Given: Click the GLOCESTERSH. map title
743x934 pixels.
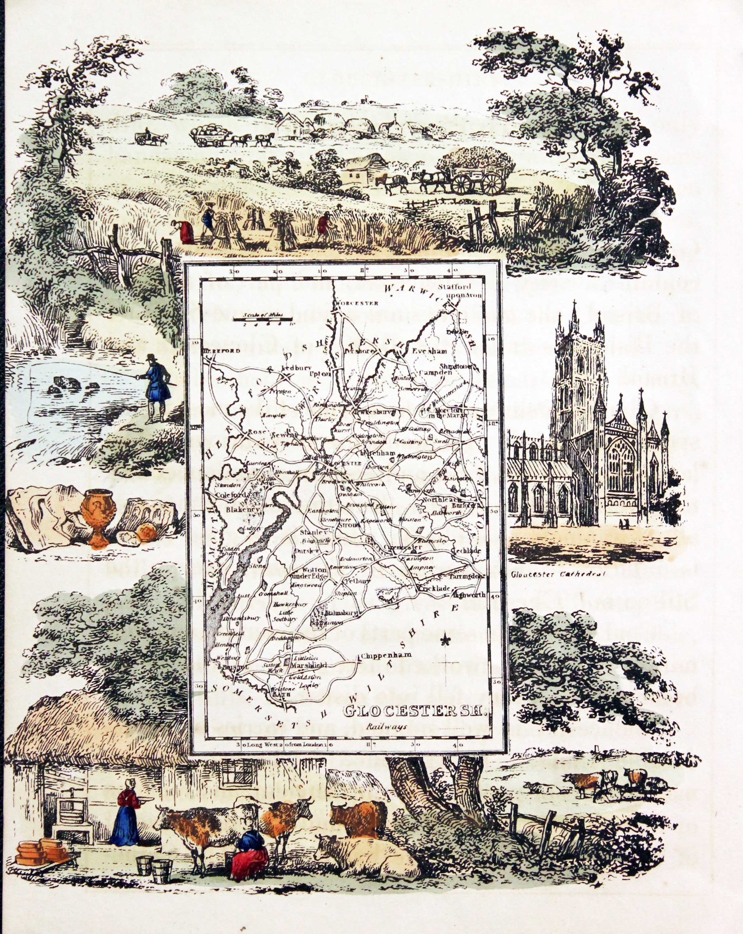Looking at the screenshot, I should [415, 711].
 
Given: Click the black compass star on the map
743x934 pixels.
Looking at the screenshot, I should [444, 639].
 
